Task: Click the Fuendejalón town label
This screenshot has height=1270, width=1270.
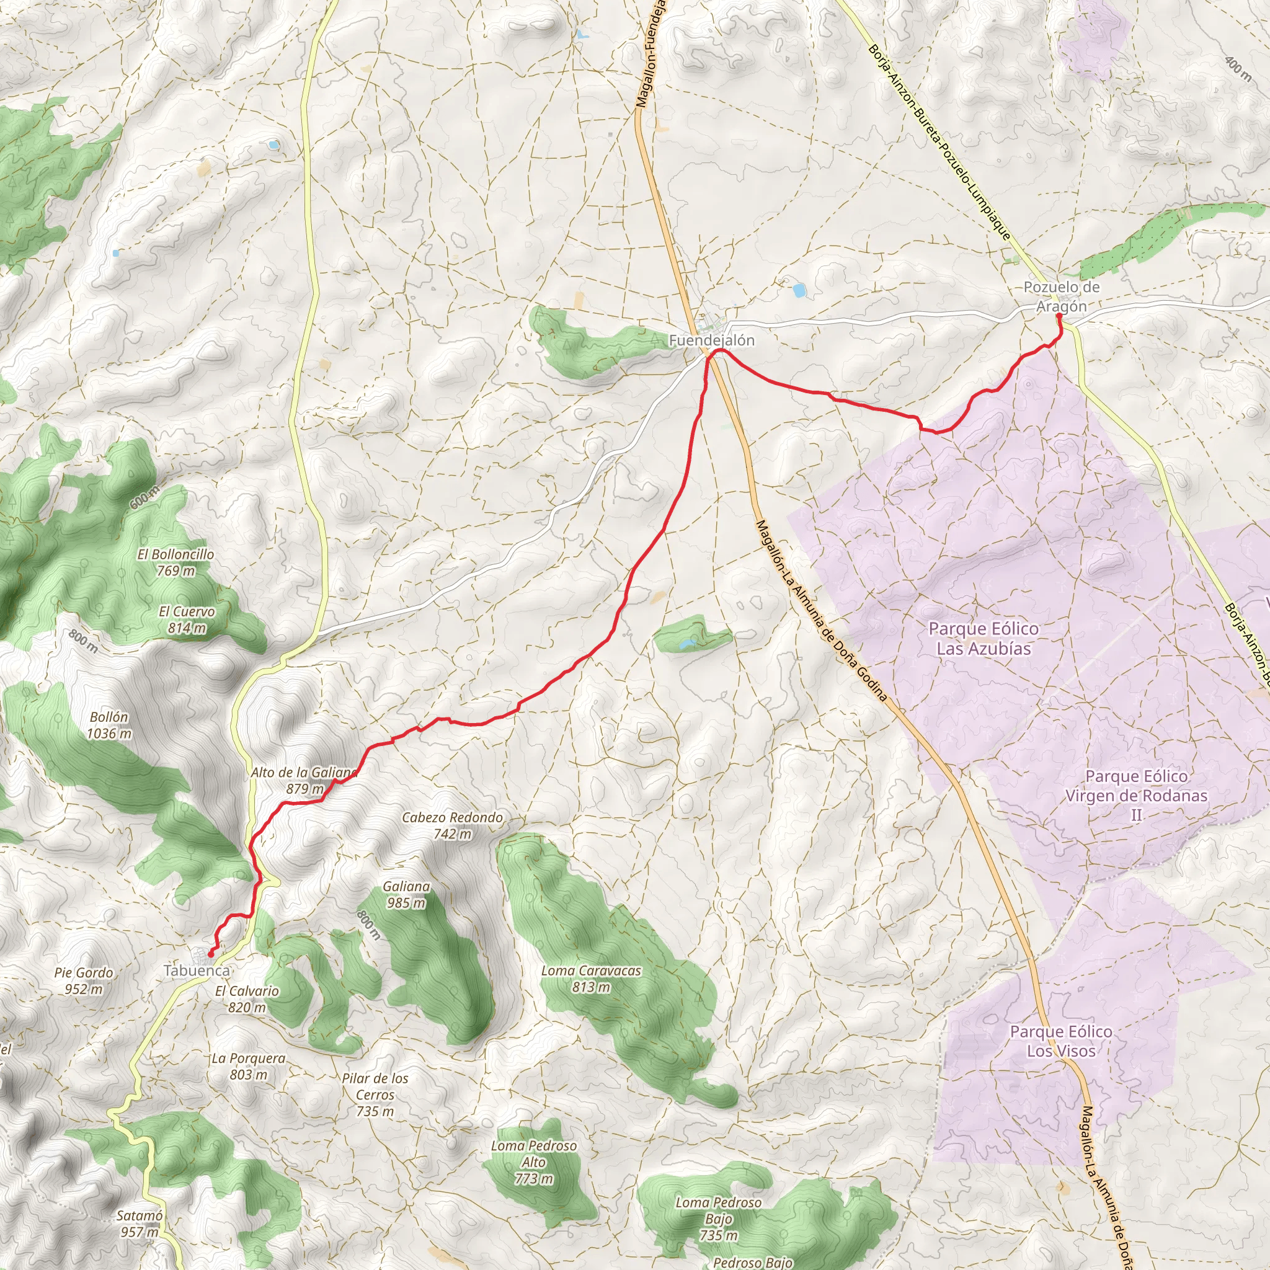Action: tap(702, 340)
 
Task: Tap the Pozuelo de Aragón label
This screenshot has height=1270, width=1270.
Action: tap(1061, 296)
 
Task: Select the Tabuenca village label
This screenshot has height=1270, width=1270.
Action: tap(197, 970)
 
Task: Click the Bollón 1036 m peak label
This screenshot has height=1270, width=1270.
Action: tap(109, 724)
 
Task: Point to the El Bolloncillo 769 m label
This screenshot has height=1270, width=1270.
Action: tap(175, 562)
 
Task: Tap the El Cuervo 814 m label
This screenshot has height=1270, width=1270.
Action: tap(187, 619)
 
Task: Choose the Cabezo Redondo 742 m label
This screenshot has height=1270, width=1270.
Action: tap(452, 825)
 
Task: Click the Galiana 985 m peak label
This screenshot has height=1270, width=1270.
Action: tap(406, 894)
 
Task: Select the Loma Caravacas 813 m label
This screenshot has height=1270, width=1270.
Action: tap(591, 978)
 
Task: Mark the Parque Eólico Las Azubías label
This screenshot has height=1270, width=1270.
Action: tap(984, 638)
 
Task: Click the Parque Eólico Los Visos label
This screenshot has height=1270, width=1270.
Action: tap(1061, 1041)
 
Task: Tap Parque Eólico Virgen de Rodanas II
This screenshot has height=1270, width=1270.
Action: tap(1136, 796)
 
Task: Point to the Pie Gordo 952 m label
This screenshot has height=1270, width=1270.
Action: tap(84, 980)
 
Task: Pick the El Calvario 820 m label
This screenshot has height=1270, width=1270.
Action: tap(247, 998)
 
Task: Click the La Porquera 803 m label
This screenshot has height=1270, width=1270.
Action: tap(249, 1066)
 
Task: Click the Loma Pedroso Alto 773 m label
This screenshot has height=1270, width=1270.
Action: tap(534, 1162)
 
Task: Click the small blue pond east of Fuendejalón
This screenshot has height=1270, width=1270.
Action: tap(799, 290)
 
